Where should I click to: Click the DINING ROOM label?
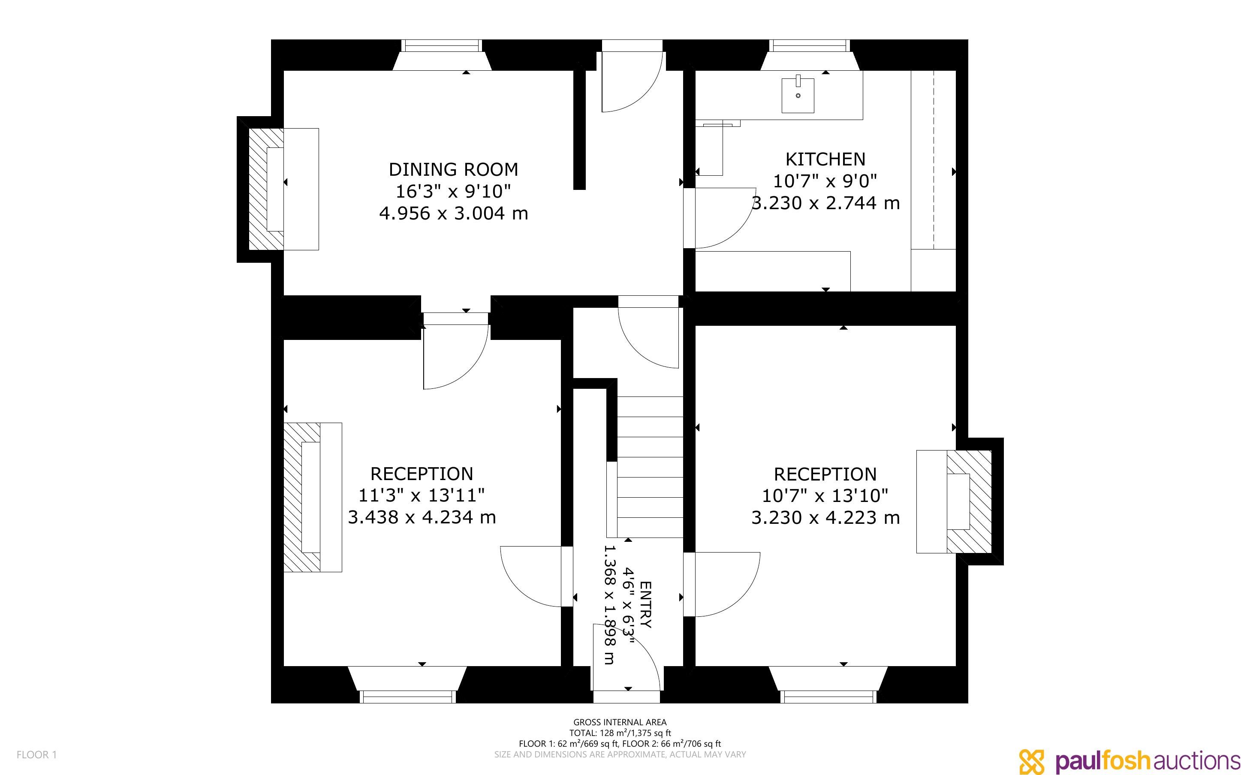[x=453, y=169]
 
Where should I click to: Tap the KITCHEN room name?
[x=825, y=159]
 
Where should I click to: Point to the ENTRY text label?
[x=646, y=605]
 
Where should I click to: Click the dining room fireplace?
[x=283, y=189]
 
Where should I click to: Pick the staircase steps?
[x=650, y=467]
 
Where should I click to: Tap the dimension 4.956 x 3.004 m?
[x=453, y=213]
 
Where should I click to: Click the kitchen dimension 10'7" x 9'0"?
[x=825, y=181]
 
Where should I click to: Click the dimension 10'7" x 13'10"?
[x=825, y=496]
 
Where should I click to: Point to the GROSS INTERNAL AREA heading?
[x=620, y=722]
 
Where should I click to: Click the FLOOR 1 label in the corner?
[x=37, y=754]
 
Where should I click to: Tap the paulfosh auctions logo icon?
[x=1031, y=761]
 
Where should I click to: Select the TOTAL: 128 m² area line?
[x=620, y=733]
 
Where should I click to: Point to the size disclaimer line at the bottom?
[x=620, y=754]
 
